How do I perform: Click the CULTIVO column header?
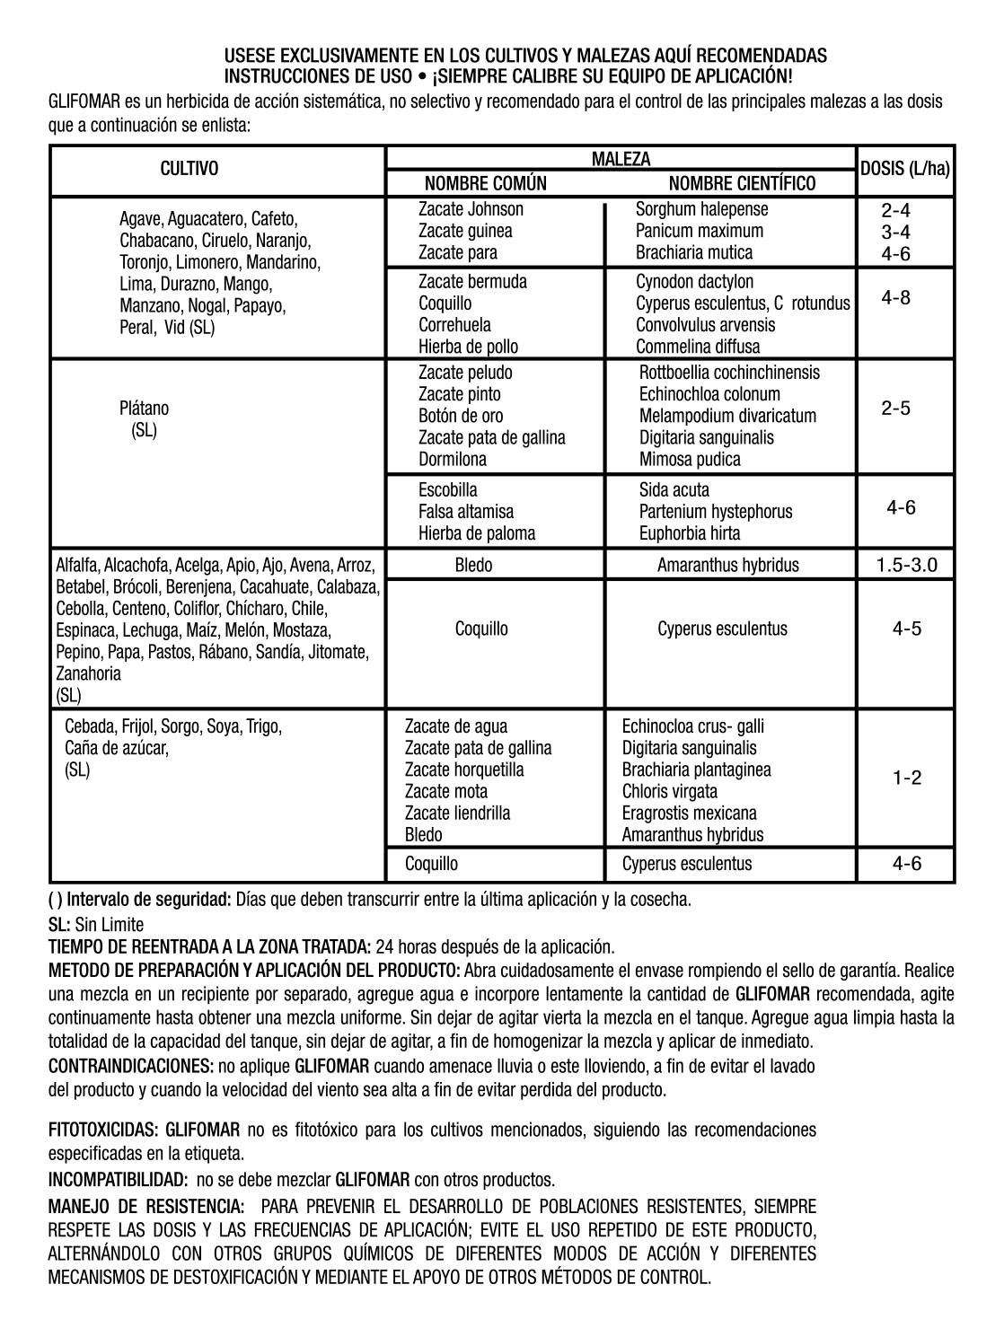[x=189, y=169]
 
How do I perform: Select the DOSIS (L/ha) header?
[x=905, y=169]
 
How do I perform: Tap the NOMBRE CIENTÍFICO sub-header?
[x=742, y=184]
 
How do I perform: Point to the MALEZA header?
[x=621, y=159]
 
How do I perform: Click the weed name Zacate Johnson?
[x=471, y=209]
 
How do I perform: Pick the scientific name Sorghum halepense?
[x=701, y=209]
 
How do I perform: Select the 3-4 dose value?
[x=895, y=233]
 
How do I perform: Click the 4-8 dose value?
[x=895, y=298]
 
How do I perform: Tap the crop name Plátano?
[x=144, y=409]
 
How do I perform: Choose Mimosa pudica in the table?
[x=690, y=460]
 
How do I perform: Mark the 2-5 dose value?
[x=895, y=409]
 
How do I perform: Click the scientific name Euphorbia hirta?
[x=690, y=533]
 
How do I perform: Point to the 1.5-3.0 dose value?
[x=906, y=566]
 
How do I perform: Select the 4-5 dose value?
[x=906, y=629]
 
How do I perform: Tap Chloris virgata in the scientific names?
[x=669, y=792]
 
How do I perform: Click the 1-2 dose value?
[x=906, y=778]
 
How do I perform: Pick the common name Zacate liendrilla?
[x=457, y=814]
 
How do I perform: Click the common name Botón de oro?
[x=461, y=417]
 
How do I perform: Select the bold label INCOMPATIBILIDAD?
[x=118, y=1179]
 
